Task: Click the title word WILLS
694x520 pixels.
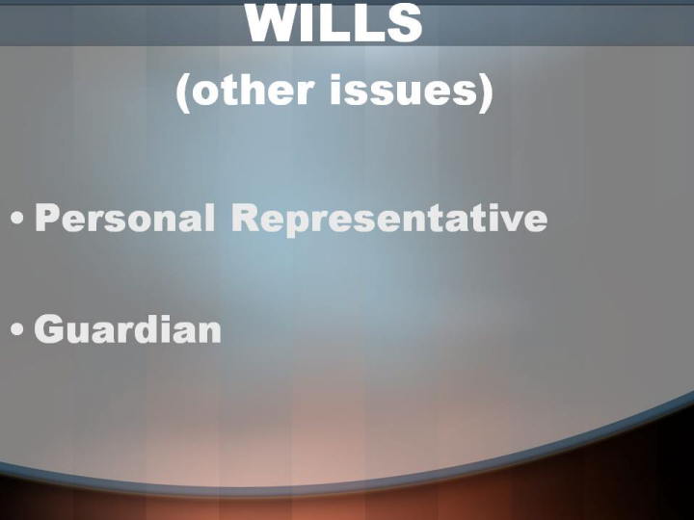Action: (x=334, y=23)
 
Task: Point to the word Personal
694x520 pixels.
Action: (x=125, y=218)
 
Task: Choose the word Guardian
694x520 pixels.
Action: (x=128, y=328)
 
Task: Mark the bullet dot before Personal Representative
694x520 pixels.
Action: (x=17, y=218)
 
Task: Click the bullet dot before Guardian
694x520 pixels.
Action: (x=17, y=329)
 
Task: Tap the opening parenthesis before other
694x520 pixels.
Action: (x=183, y=93)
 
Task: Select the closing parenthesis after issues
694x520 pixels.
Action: (x=486, y=93)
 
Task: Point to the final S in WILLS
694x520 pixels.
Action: (x=405, y=23)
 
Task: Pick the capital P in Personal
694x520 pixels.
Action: (x=47, y=218)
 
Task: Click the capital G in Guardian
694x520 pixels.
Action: (x=49, y=328)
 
